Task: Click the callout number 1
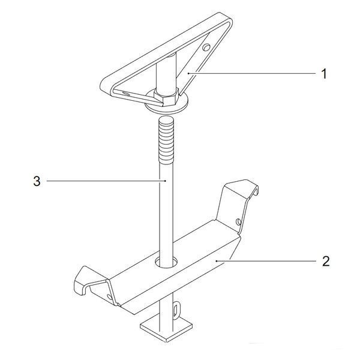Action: tap(324, 74)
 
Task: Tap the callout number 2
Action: tap(326, 261)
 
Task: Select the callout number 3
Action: tap(37, 181)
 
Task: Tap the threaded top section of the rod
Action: tap(166, 140)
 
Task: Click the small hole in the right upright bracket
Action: tap(239, 222)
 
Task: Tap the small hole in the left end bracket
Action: tap(110, 296)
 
